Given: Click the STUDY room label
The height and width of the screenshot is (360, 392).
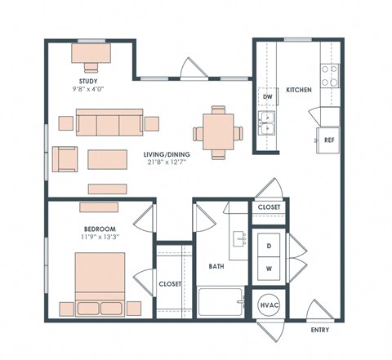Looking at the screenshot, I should tap(91, 81).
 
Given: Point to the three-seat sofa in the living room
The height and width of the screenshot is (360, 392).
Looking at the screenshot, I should tap(109, 124).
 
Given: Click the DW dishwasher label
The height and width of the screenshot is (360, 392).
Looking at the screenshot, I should tap(267, 97).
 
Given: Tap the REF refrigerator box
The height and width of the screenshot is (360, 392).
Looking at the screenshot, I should tap(329, 140).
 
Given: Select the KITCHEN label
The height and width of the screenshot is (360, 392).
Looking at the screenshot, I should tap(298, 89).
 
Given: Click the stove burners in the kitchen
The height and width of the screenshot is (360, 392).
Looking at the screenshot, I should tap(329, 76).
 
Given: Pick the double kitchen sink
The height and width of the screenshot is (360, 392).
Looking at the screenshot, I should tap(267, 124).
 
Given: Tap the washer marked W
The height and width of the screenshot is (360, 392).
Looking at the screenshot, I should tap(269, 268).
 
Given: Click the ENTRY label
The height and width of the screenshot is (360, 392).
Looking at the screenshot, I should tap(321, 331).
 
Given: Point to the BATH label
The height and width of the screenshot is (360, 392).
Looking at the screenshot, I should tap(216, 266).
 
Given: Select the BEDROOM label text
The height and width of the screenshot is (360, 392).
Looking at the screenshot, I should tap(100, 229).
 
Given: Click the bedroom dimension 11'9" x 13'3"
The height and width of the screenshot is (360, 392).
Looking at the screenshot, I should tap(100, 238).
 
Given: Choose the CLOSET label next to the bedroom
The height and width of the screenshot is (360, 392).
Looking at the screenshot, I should tap(171, 285).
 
